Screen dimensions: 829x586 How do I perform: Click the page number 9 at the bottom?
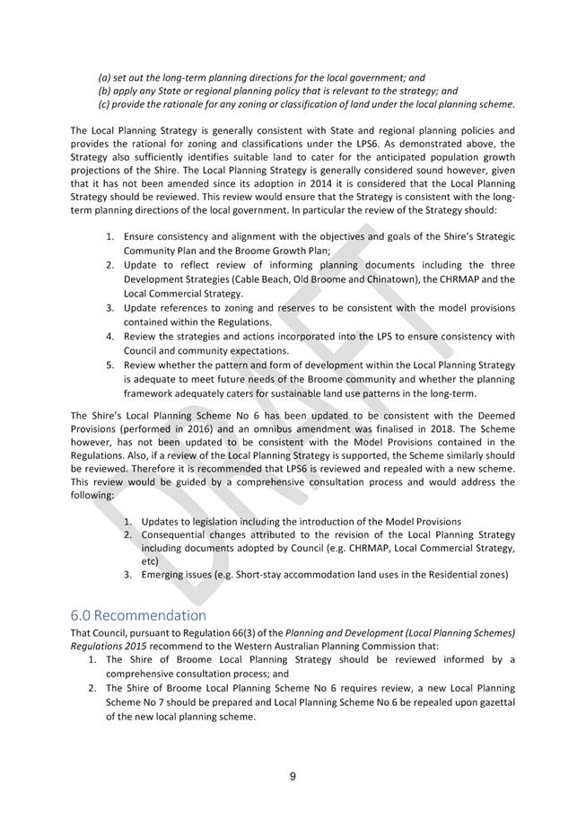pos(293,777)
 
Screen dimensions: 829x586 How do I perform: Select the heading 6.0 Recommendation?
pos(137,615)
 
